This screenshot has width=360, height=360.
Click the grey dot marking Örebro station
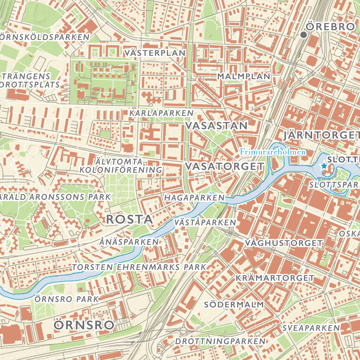coord(303,35)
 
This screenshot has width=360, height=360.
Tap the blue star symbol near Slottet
coord(324,166)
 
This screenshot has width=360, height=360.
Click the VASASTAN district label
coord(217,126)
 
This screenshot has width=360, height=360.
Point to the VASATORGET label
coord(225,166)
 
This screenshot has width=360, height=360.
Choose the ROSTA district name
coord(129,219)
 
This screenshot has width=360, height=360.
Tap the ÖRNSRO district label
coord(84,325)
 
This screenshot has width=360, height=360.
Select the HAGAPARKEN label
coord(194,198)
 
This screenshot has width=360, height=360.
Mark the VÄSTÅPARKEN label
coord(205,223)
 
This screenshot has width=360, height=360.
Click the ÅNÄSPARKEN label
coord(129,242)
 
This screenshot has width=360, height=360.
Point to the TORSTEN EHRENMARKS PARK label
coord(139,267)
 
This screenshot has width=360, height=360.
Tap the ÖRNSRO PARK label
coord(67,299)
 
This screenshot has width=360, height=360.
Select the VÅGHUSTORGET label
coord(283,243)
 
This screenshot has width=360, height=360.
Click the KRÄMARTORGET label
coord(275,278)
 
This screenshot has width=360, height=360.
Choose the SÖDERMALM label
coord(234,304)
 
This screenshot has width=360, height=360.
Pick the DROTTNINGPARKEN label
coord(220,341)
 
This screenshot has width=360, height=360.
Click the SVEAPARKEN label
coord(311,328)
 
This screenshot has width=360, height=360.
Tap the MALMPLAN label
coord(243,76)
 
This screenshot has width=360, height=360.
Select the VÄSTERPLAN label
coord(155,53)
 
